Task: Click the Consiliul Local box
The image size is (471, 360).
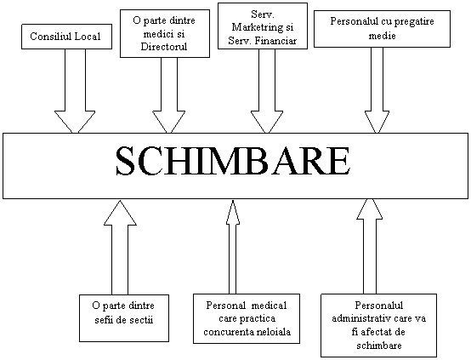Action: click(x=66, y=37)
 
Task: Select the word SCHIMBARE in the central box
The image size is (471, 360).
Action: click(x=233, y=161)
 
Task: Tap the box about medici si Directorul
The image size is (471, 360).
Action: click(x=165, y=33)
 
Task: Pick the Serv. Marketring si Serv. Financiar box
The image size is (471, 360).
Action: click(x=263, y=26)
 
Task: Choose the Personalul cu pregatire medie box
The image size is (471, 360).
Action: click(x=382, y=29)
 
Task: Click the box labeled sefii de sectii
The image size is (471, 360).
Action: click(x=124, y=318)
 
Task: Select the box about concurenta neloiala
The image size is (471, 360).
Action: click(x=247, y=318)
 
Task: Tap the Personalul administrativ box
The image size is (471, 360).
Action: click(x=379, y=325)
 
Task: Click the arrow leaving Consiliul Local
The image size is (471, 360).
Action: click(x=75, y=91)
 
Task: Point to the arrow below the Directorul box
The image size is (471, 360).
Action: click(x=169, y=95)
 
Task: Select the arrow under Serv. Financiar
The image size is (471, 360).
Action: click(x=267, y=91)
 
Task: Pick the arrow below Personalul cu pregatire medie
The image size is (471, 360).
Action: click(x=377, y=90)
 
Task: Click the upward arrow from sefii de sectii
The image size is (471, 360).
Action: click(x=120, y=247)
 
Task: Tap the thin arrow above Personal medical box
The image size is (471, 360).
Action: click(x=233, y=247)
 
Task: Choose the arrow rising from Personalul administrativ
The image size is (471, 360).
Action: click(x=370, y=246)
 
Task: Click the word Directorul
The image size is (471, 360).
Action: click(x=164, y=47)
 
